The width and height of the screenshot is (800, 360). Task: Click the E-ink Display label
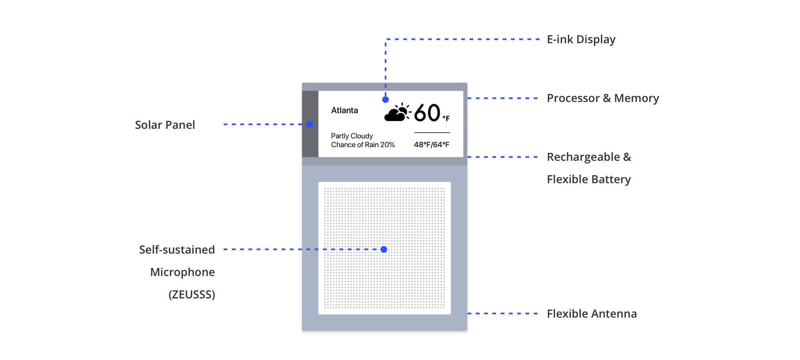point(581,40)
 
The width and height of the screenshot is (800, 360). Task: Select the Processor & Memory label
point(602,98)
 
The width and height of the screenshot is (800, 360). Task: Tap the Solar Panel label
point(165,125)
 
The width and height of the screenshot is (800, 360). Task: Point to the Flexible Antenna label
point(592,314)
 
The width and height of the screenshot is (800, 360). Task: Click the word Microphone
point(182,272)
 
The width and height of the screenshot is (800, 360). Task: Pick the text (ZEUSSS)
point(192,294)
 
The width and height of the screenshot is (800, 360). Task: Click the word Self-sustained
point(177,250)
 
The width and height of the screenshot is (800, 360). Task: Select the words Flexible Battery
point(588,179)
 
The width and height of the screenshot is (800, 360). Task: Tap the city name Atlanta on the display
point(344,110)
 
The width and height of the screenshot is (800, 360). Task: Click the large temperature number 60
point(427,113)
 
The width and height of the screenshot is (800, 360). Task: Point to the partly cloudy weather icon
point(397,112)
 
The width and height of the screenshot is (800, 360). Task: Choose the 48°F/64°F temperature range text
point(432,145)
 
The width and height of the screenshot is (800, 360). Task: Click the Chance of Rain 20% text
point(363,145)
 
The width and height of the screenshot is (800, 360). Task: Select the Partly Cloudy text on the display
point(352,136)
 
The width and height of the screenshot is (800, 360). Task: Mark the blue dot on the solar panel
point(310,124)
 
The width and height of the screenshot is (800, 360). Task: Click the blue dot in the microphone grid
point(384,250)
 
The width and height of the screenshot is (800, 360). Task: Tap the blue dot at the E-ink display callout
point(385,100)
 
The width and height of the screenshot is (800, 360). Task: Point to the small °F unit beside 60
point(446,118)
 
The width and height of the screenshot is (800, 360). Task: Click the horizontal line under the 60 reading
point(432,132)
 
